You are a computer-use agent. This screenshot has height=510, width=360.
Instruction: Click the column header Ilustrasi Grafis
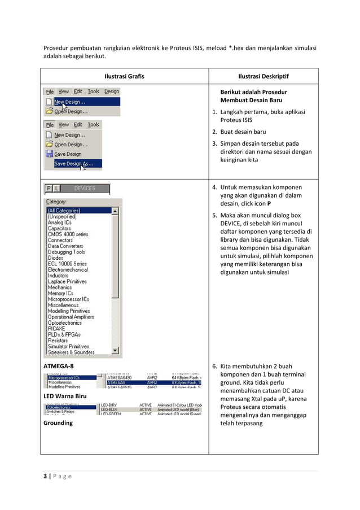(x=124, y=76)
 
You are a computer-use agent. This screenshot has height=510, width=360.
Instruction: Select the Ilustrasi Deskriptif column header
(x=263, y=76)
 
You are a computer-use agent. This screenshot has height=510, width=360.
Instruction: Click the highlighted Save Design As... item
(x=74, y=164)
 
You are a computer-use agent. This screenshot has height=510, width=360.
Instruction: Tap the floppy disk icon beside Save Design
(x=49, y=154)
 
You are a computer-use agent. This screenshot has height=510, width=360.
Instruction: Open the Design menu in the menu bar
(x=112, y=91)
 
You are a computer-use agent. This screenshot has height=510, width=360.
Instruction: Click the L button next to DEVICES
(x=56, y=189)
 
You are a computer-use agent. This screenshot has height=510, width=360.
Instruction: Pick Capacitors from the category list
(x=59, y=228)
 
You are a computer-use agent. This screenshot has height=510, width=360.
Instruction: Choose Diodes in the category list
(x=55, y=258)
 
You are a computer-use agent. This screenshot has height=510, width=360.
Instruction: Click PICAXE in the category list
(x=56, y=329)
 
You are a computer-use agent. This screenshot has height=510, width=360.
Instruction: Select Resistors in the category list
(x=58, y=341)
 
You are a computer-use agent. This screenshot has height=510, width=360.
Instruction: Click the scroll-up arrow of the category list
(x=116, y=211)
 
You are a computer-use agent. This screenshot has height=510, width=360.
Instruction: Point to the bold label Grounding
(x=58, y=422)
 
